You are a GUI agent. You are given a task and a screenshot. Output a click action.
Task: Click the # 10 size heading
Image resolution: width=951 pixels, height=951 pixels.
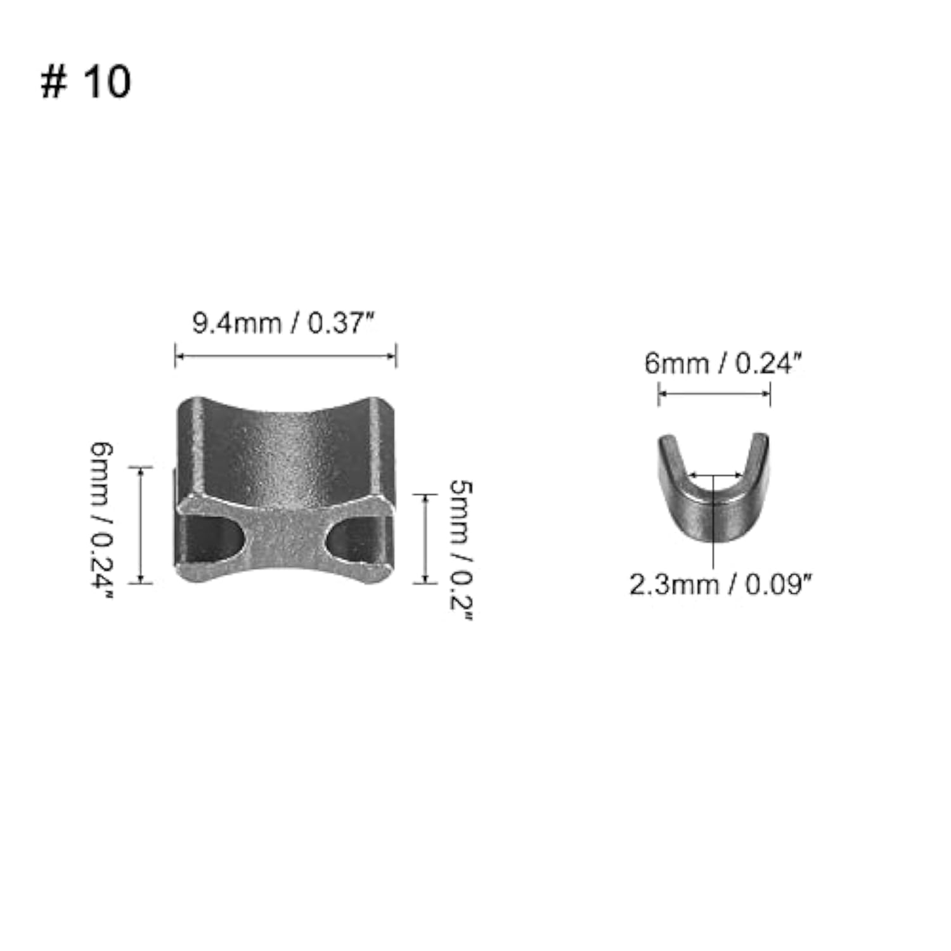point(86,82)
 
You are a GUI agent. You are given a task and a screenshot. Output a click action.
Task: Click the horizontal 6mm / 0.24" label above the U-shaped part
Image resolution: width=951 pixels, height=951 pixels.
point(723,364)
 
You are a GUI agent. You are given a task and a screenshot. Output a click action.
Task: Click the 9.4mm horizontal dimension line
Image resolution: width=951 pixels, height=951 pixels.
point(285,356)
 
